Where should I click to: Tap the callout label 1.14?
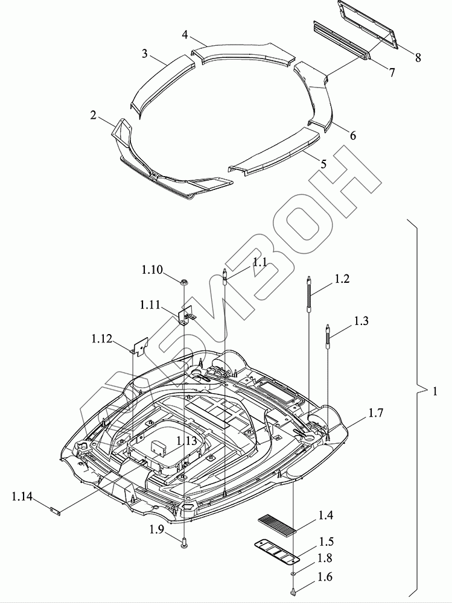[x=22, y=497]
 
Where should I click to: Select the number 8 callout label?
[x=418, y=58]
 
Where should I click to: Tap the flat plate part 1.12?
[x=140, y=344]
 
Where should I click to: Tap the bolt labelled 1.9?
[x=184, y=544]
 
